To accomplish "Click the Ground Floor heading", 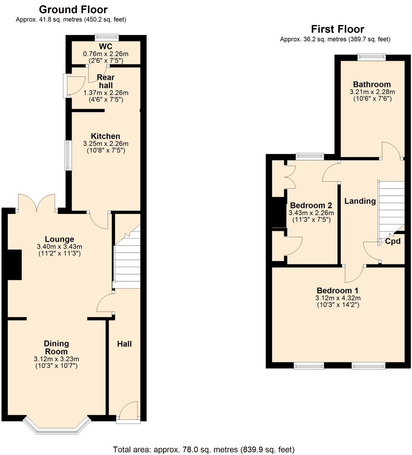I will coord(73,10).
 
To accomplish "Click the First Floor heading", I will coord(337,29).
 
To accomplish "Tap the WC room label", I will coord(106,46).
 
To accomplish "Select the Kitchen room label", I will coord(106,136).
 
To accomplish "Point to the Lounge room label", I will coord(59,239).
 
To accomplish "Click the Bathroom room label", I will coord(372,84).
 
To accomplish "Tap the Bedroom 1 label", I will coord(337,290).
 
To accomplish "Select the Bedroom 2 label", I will coord(311,205).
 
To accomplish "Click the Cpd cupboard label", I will coord(393,241).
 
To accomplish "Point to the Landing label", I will coord(360,201).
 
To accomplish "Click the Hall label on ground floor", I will coord(124,344).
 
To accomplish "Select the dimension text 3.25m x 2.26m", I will coord(106,144).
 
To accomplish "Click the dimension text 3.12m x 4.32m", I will coord(338,298).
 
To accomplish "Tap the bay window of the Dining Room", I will coord(57,429).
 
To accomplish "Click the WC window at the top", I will coord(107,37).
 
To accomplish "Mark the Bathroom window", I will coord(371,57).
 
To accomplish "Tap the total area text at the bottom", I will coord(204,449).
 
